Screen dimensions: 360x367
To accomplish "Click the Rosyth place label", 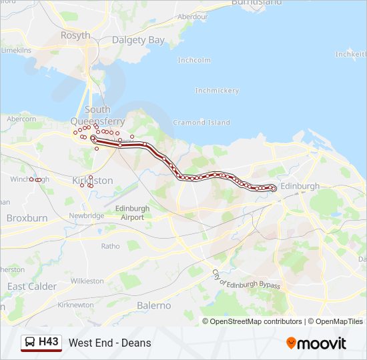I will point(75,35).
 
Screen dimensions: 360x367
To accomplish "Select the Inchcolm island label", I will point(194,60).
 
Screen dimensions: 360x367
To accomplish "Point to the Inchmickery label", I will point(217,90).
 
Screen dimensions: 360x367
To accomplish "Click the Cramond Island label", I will point(202,123).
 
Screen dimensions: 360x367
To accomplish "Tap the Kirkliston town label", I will point(93,181).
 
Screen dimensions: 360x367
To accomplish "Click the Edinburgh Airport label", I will point(133,213).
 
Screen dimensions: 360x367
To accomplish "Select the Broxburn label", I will point(27,218).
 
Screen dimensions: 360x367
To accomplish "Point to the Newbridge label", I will point(87,215).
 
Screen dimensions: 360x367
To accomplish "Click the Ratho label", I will point(111,246).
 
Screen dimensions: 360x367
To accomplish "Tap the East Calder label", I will point(31,286).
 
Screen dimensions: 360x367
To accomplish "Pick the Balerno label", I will point(154,305).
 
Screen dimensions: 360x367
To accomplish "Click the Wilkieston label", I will point(87,281).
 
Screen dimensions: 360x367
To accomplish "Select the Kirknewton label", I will point(75,305).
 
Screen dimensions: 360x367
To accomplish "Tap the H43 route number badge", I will point(49,342).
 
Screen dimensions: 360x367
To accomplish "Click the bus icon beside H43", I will point(30,342).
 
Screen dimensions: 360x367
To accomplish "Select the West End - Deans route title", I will point(109,343).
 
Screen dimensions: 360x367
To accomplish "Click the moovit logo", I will point(316,343).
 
